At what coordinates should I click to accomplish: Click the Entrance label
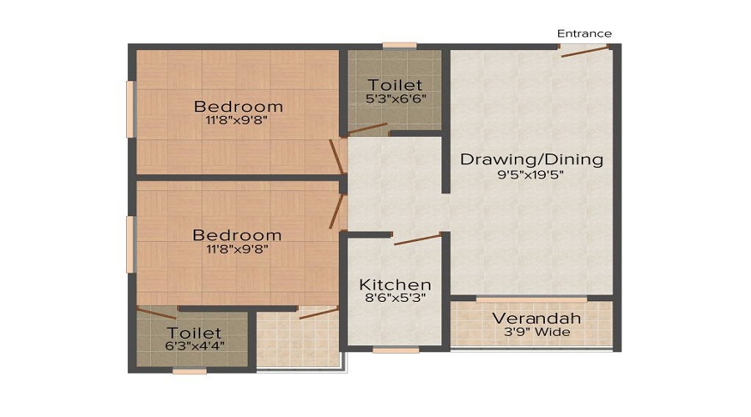coord(584,33)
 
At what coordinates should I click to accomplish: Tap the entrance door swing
coord(584,52)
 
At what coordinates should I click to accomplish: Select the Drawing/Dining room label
coord(532,159)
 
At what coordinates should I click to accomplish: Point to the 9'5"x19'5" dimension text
coord(531,175)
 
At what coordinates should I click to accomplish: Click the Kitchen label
coord(396,285)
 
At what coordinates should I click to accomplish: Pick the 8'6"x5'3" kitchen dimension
coord(396,298)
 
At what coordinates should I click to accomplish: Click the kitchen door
coord(417,239)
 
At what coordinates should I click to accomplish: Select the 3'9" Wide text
coord(537,332)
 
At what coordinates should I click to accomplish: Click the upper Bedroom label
coord(239,106)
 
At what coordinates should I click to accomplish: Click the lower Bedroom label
coord(237,235)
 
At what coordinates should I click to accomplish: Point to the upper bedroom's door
coord(337,156)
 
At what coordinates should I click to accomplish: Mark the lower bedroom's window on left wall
coord(130,244)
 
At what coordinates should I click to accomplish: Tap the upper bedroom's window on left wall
coord(130,109)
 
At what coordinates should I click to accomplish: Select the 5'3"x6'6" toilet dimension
coord(396,99)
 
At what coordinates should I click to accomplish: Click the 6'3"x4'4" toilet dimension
coord(194,345)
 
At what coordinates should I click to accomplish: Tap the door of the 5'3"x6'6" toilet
coord(367,128)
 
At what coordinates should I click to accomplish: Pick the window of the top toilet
coord(400,46)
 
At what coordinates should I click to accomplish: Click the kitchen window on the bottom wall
coord(396,350)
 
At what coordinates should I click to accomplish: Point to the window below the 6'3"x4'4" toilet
coord(189,371)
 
